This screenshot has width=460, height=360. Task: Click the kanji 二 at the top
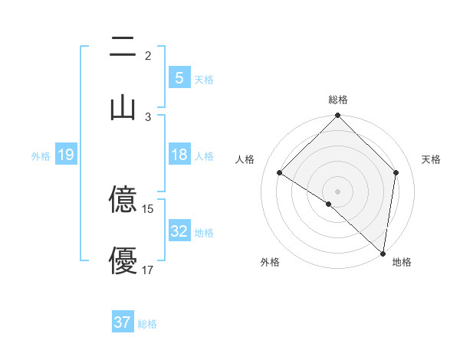coord(122,47)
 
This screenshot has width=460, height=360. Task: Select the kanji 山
coord(122,107)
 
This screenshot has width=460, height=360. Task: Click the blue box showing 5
coord(179,78)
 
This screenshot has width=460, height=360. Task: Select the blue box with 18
coord(179,155)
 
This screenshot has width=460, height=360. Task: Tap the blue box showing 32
coord(179,231)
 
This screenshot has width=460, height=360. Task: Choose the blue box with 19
coord(65,155)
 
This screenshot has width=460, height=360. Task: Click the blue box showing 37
coord(122,322)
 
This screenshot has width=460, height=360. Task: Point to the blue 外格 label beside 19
coord(41,156)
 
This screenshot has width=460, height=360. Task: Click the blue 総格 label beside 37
coord(147,324)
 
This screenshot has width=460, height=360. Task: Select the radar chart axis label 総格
coord(338,100)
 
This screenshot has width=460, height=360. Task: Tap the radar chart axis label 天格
coord(432,159)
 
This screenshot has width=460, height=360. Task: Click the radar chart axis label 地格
coord(402,262)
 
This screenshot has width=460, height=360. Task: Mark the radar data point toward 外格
coord(328,204)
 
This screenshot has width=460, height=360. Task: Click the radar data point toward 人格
coord(280,173)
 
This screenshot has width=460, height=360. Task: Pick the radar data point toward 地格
coord(383,253)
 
